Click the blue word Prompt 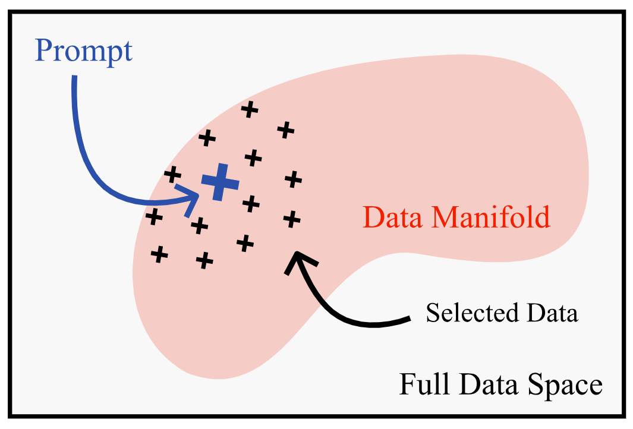(x=83, y=52)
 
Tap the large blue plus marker (x=220, y=182)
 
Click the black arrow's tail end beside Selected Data (x=408, y=320)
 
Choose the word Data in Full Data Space (x=491, y=384)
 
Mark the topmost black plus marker (x=250, y=109)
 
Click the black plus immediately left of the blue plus (x=172, y=175)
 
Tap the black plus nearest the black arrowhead (x=291, y=219)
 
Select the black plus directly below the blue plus (x=199, y=225)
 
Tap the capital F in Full (x=407, y=384)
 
